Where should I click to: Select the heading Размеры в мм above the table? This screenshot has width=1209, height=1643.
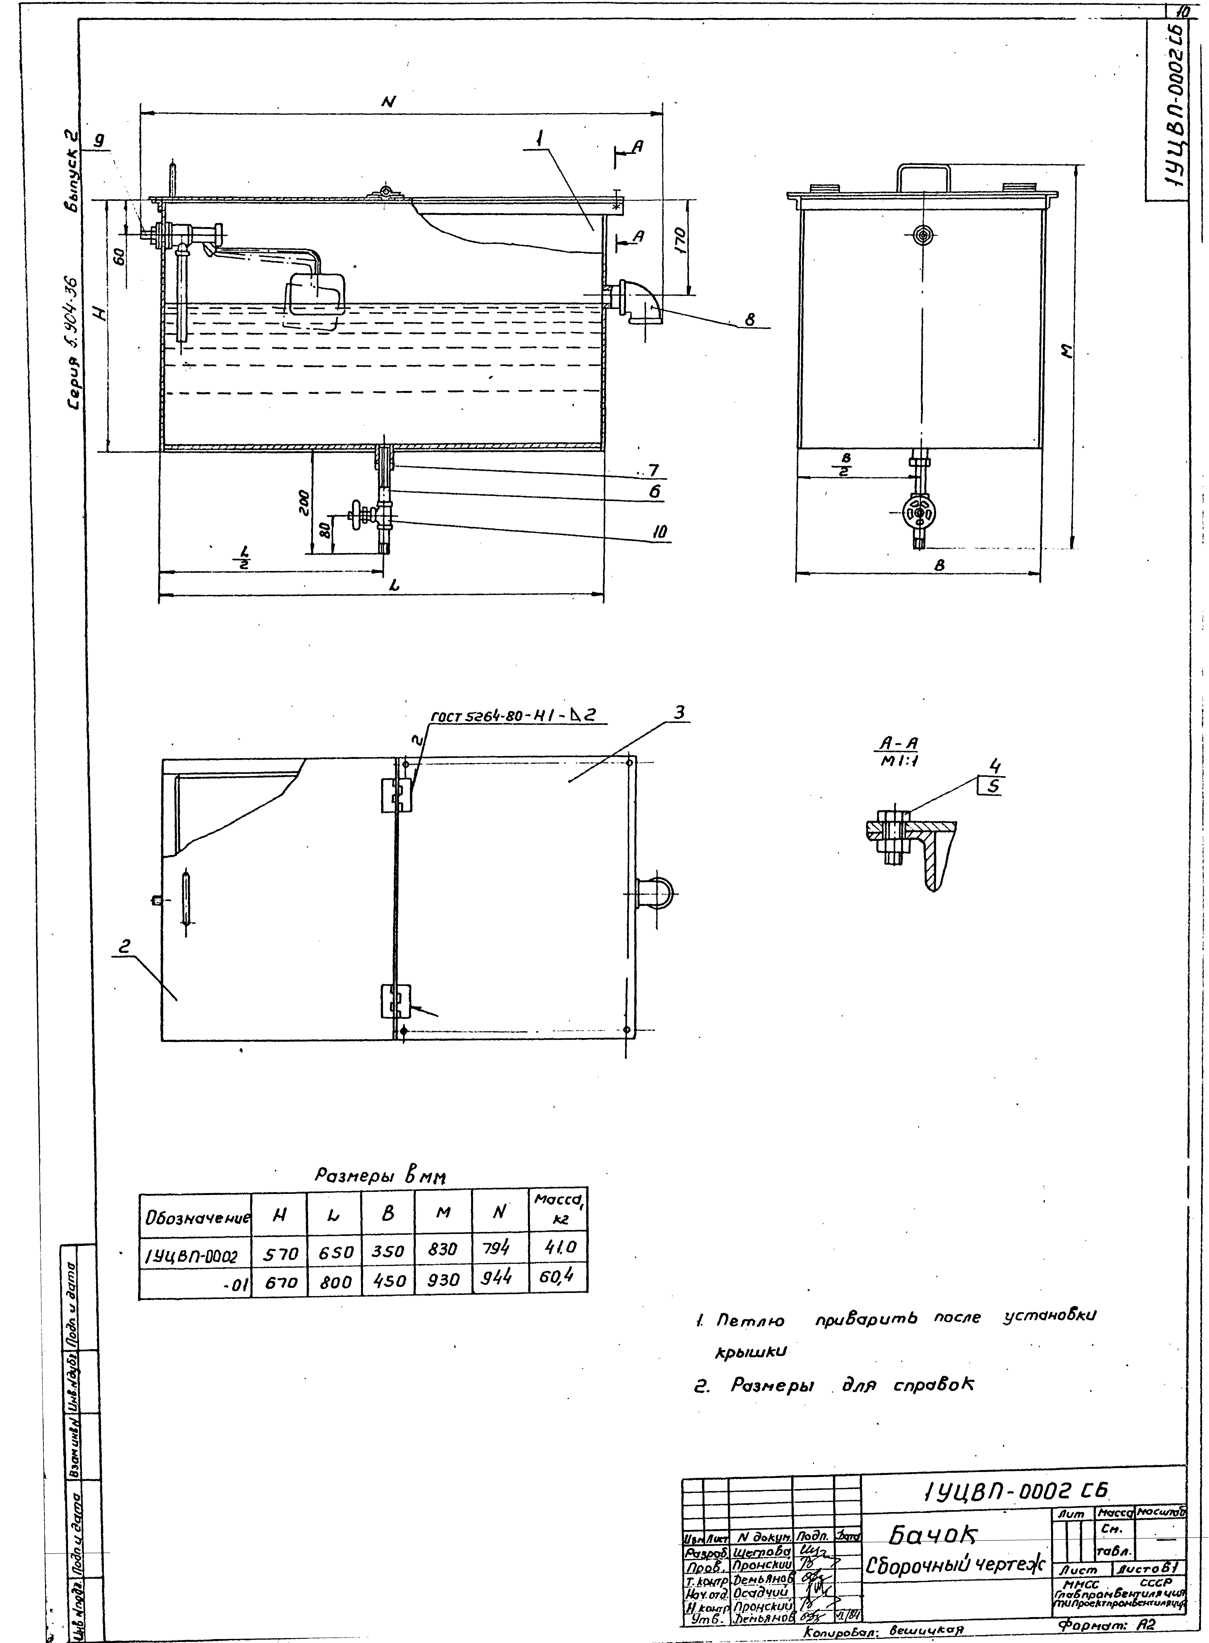coord(381,1175)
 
